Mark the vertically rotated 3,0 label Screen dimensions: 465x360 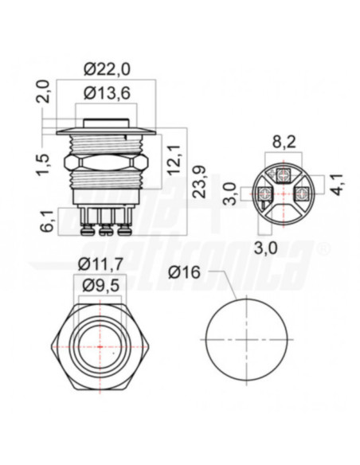[228, 192]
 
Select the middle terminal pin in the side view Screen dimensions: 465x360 [105, 228]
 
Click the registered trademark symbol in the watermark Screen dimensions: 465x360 [323, 249]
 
